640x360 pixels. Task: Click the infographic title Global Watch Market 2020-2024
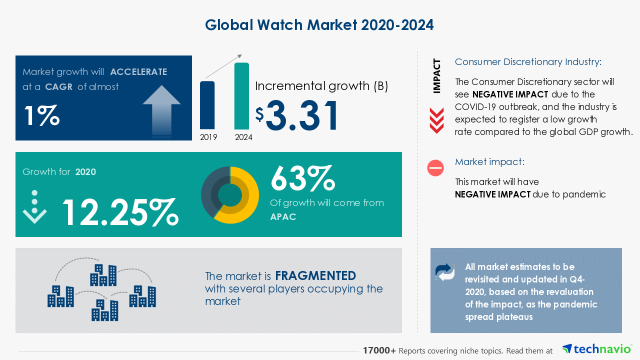(x=319, y=25)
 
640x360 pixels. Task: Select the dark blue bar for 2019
(x=207, y=105)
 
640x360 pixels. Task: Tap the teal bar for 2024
(x=241, y=96)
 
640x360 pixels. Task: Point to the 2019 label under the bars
(x=208, y=137)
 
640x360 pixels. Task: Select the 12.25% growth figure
(x=120, y=212)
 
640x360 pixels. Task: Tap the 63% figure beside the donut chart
(x=302, y=178)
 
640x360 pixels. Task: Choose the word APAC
(x=283, y=216)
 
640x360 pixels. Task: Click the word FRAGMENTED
(x=315, y=276)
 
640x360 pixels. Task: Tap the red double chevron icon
(x=436, y=120)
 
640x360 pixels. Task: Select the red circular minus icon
(x=435, y=168)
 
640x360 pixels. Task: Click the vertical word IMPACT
(x=437, y=76)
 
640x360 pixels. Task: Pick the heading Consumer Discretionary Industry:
(x=528, y=62)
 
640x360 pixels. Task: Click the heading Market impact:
(x=489, y=162)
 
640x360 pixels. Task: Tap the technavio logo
(x=596, y=349)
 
